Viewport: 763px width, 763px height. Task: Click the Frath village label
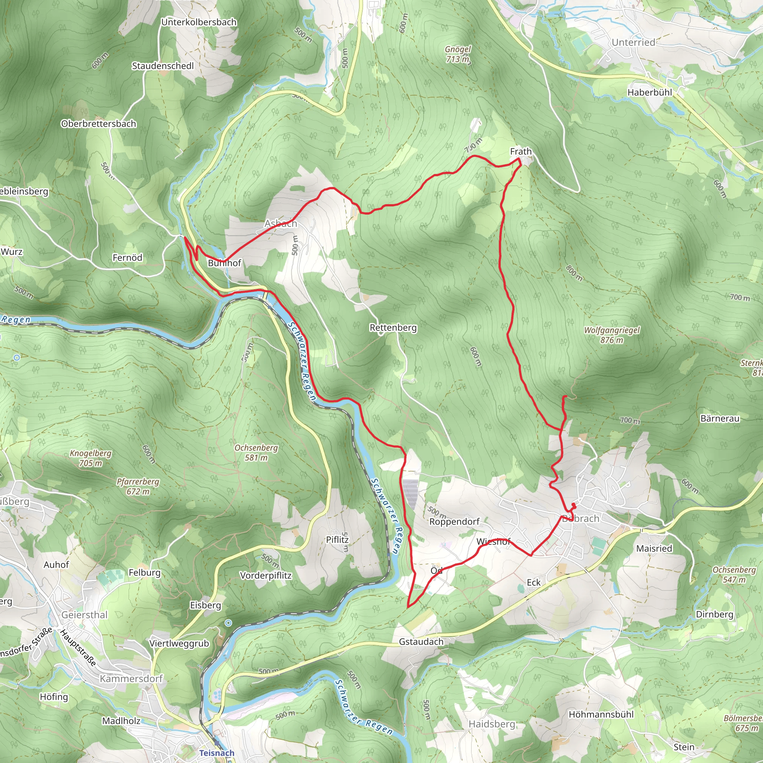point(520,152)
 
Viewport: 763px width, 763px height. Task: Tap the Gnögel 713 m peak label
point(458,54)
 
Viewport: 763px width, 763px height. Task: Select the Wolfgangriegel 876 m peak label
point(612,335)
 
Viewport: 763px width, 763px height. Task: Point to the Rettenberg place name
point(393,328)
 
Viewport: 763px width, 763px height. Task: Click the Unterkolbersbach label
point(199,22)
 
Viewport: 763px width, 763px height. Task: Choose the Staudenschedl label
point(163,66)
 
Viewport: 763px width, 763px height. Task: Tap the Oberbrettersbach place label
point(98,124)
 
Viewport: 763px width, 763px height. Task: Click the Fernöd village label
point(127,258)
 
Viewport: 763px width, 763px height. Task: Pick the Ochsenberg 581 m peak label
point(256,453)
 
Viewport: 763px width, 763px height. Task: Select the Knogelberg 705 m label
point(91,458)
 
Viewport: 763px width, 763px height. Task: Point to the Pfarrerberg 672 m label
point(138,487)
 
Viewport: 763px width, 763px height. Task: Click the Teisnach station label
point(216,753)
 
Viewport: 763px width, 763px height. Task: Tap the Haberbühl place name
point(650,92)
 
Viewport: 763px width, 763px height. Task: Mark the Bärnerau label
point(719,419)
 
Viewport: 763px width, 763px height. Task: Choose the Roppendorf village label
point(454,522)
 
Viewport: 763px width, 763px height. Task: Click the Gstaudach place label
point(421,642)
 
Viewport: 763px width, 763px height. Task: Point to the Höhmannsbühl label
point(601,715)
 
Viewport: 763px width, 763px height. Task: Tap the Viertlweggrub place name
point(179,643)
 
